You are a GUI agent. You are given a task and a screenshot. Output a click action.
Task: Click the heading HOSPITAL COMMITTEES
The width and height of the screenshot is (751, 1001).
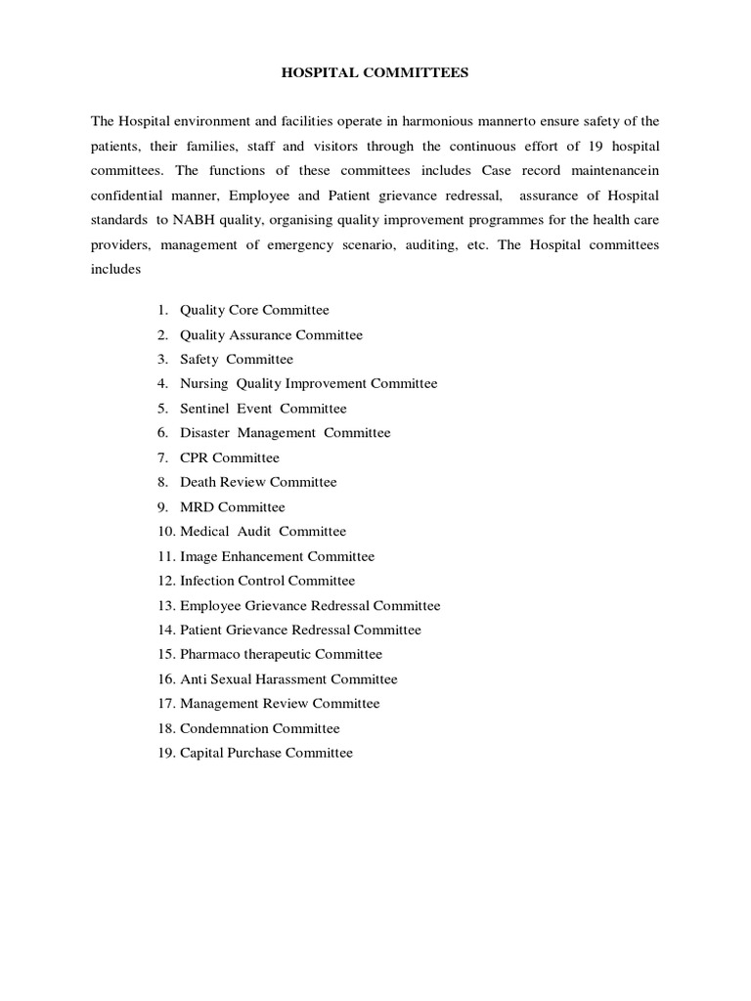coord(375,72)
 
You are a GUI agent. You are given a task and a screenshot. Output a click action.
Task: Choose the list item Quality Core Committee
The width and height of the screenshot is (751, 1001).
coord(254,310)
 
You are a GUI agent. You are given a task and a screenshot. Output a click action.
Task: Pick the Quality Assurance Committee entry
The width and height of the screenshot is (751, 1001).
coord(271,334)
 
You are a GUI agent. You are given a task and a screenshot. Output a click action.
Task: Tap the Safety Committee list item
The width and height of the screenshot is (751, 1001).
coord(236,359)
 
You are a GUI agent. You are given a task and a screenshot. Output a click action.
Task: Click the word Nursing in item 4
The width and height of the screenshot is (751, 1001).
coord(202,383)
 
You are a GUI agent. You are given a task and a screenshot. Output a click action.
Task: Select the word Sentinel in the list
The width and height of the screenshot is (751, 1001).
coord(204,409)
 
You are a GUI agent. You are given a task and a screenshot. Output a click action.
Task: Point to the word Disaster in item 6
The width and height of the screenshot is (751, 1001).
coord(204,433)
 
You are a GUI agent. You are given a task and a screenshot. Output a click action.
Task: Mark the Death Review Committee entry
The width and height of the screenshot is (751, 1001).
coord(258,482)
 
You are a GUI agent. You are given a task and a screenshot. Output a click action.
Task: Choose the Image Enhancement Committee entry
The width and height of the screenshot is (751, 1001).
coord(277,556)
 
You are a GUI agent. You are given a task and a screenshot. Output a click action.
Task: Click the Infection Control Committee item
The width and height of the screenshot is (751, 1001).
coord(267,581)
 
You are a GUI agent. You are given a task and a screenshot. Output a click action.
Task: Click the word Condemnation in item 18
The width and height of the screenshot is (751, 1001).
coord(224,728)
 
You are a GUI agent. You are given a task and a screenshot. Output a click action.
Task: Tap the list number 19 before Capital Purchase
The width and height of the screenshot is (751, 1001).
coord(164,753)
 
